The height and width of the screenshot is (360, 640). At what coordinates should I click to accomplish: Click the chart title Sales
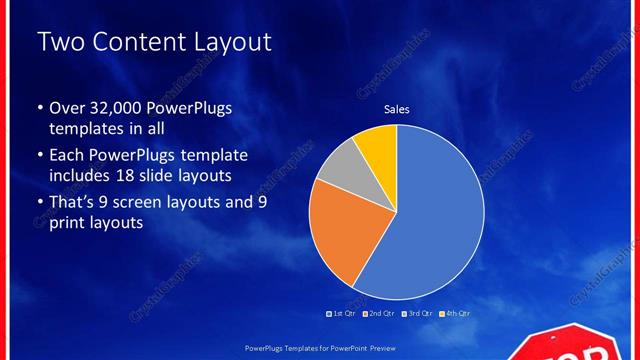coord(397,109)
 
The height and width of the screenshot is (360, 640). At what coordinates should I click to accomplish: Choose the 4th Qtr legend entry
coord(454,313)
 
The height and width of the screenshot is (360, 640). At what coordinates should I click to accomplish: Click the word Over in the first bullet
coord(68,108)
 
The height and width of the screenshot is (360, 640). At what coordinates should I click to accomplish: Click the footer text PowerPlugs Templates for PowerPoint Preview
coord(319,349)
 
